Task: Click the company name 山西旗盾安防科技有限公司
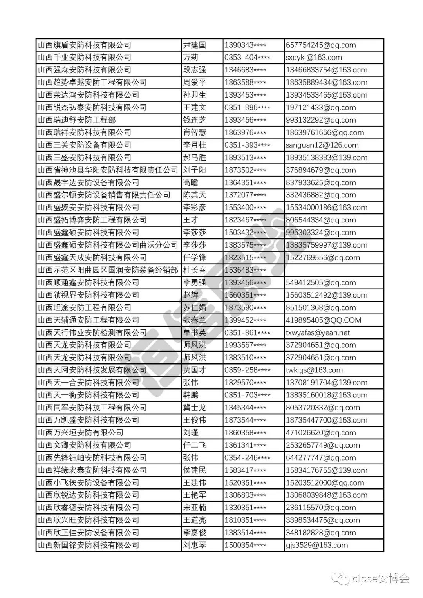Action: [85, 45]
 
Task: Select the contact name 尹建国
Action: [194, 45]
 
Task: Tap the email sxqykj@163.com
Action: [314, 58]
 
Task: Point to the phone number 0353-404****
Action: [247, 58]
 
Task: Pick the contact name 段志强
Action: [194, 70]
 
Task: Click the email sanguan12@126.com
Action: [322, 145]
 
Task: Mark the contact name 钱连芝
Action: [194, 120]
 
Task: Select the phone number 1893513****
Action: [245, 157]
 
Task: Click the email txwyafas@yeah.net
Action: [318, 332]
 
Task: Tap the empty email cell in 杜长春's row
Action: [334, 270]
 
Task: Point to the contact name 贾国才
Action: [194, 370]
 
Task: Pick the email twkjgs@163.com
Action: [314, 370]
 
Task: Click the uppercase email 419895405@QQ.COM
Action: [324, 320]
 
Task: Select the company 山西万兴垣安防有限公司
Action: [81, 433]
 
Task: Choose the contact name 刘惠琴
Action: [194, 545]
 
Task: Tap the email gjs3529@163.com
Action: [316, 545]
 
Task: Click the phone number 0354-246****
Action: [247, 458]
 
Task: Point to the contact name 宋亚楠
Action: [194, 508]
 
